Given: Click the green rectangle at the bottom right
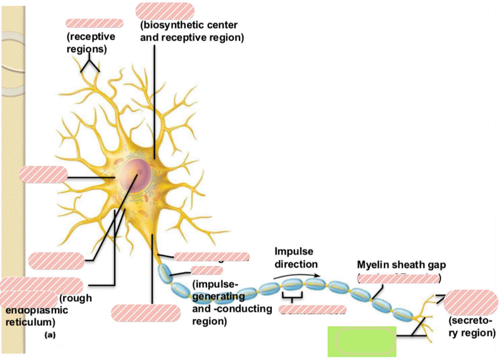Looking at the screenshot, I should [x=362, y=341].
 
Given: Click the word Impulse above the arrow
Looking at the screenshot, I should [x=293, y=252].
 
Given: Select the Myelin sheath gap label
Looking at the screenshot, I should [x=401, y=265].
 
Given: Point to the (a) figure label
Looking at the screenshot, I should [x=50, y=335].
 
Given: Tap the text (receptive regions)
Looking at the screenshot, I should [x=91, y=42].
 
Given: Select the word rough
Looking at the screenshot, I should [x=75, y=298].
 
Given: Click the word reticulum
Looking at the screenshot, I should [x=30, y=322].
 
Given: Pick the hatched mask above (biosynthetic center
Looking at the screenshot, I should [x=165, y=11].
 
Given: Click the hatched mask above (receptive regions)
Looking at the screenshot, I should [x=95, y=23].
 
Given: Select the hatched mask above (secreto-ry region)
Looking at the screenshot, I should [x=470, y=302].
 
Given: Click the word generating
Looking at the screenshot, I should [x=218, y=297].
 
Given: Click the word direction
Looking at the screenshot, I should [x=296, y=264].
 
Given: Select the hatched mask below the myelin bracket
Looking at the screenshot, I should [x=312, y=309].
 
